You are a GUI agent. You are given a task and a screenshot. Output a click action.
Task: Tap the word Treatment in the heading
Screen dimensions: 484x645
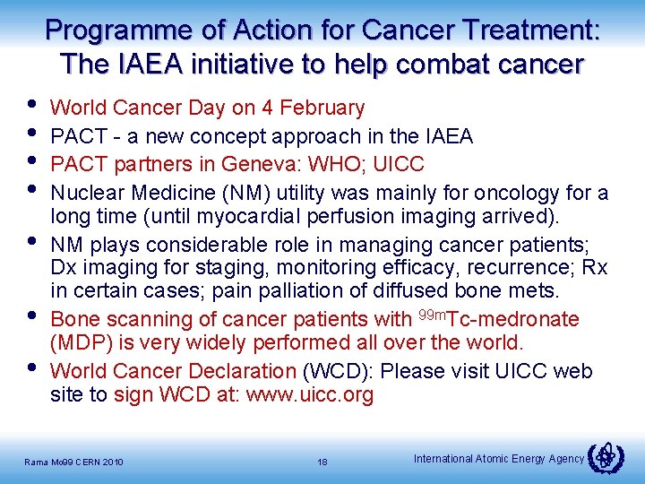click(x=527, y=30)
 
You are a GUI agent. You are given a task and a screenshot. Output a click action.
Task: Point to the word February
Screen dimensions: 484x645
click(x=322, y=108)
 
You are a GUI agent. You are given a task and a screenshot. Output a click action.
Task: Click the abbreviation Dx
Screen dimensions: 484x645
click(x=64, y=267)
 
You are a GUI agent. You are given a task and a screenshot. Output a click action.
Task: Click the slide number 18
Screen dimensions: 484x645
click(x=322, y=462)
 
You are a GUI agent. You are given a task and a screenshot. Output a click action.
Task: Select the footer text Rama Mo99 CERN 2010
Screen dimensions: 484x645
click(x=73, y=462)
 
